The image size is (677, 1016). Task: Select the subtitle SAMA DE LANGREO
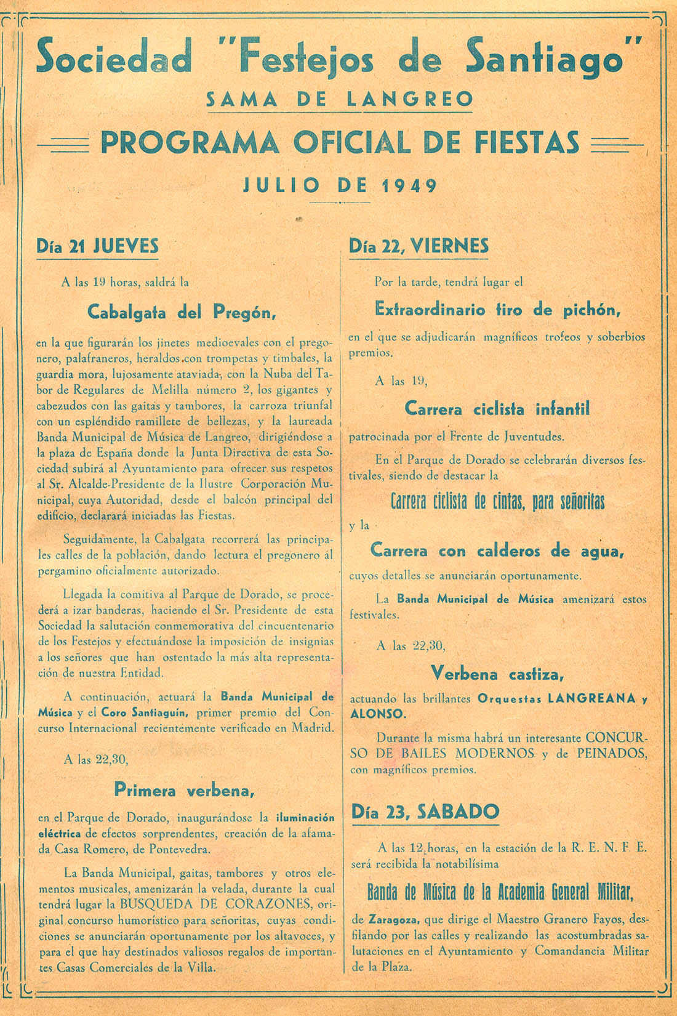click(339, 99)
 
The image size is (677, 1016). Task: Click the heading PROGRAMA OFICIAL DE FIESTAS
click(339, 142)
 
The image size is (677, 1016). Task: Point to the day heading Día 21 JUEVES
click(97, 246)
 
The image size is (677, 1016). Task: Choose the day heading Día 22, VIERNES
click(419, 246)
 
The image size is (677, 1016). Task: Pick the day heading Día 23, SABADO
click(425, 812)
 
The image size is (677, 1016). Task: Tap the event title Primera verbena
click(185, 790)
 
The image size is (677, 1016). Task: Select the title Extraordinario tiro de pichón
click(498, 309)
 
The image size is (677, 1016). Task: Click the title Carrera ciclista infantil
click(497, 409)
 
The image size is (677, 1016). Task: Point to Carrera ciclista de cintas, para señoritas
click(497, 502)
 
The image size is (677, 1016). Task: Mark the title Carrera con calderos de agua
click(497, 550)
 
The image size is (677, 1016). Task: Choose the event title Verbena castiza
click(497, 673)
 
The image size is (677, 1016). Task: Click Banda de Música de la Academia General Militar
click(500, 892)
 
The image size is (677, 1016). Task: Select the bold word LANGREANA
click(591, 699)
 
